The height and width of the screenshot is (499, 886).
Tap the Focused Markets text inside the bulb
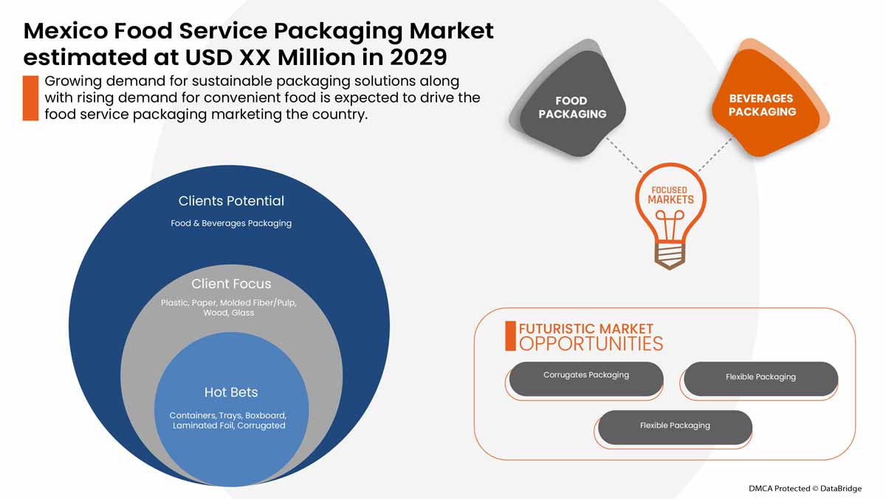click(670, 195)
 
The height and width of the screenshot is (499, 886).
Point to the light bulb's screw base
click(670, 253)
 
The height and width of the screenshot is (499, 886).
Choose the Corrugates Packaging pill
click(586, 376)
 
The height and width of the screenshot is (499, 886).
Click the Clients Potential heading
click(231, 201)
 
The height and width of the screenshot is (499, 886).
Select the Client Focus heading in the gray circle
click(231, 284)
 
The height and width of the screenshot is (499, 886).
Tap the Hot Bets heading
click(231, 392)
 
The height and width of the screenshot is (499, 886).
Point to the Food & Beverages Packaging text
click(231, 223)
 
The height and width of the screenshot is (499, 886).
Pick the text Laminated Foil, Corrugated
click(229, 426)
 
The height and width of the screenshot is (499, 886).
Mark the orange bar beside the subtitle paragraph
click(30, 98)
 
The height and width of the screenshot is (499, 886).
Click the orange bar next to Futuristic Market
click(510, 336)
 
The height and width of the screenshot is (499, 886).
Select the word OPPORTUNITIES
click(591, 344)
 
